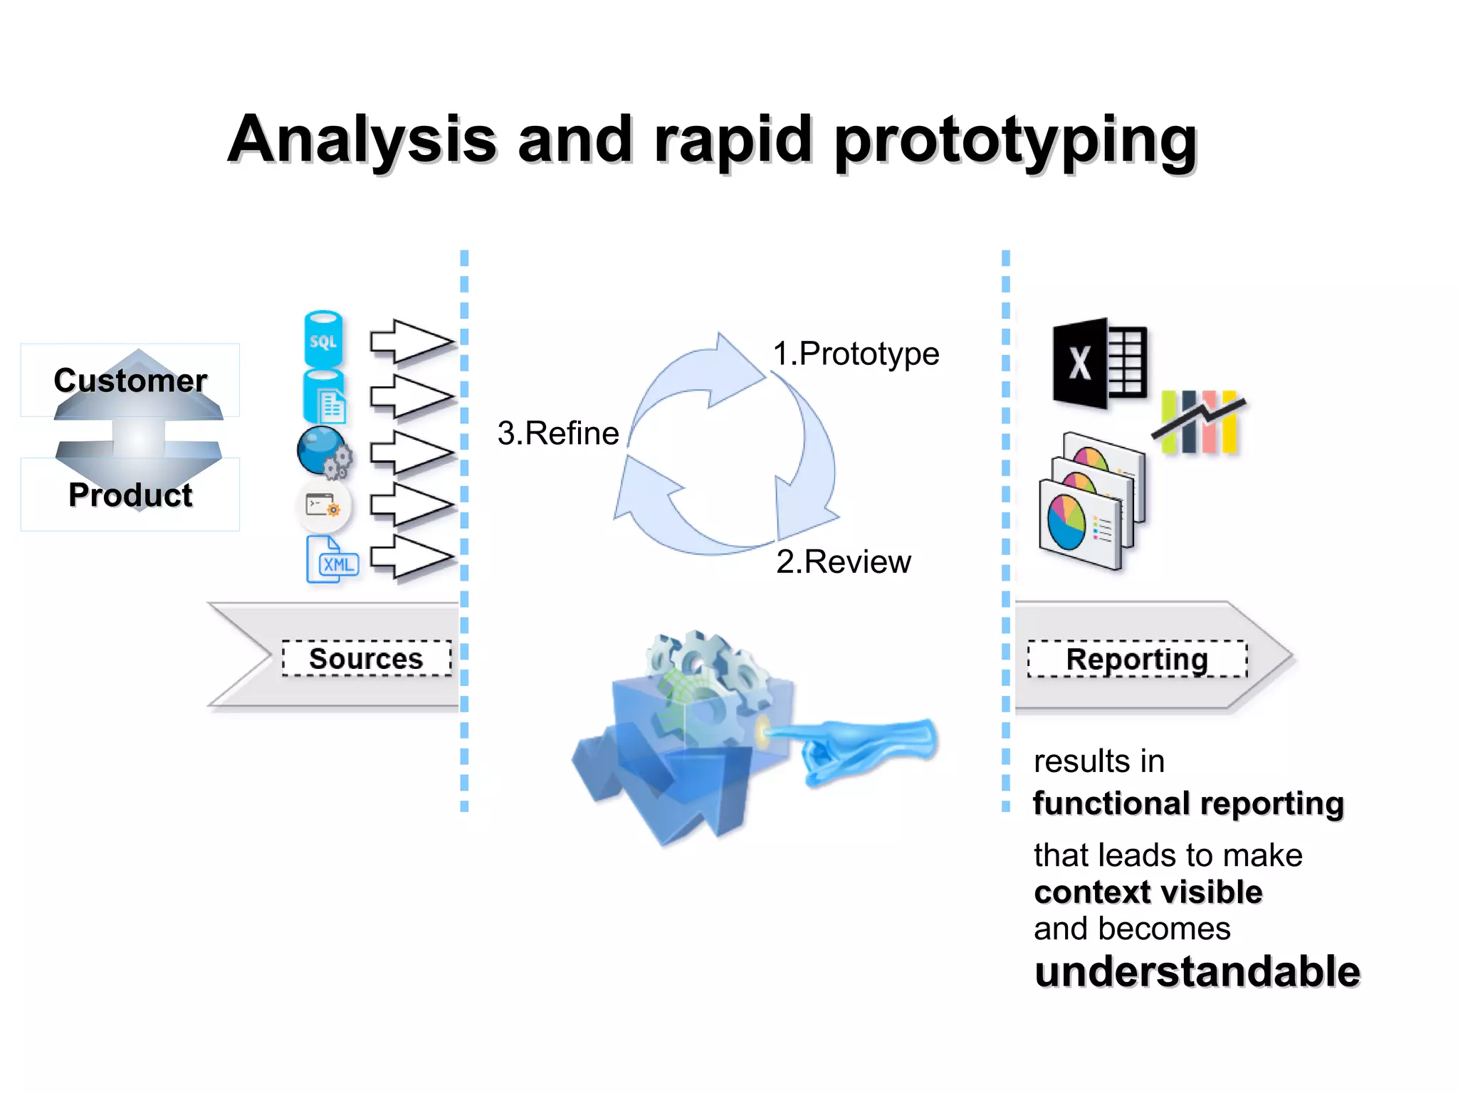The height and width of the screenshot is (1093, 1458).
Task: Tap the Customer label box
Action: pyautogui.click(x=130, y=380)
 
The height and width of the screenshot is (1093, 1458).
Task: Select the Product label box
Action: pyautogui.click(x=130, y=495)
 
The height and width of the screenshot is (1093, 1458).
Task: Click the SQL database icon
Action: pyautogui.click(x=323, y=339)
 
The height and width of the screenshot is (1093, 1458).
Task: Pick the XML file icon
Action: pyautogui.click(x=332, y=560)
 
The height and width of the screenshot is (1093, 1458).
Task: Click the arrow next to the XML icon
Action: pyautogui.click(x=411, y=556)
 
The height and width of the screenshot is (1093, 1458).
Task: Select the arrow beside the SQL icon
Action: pyautogui.click(x=411, y=342)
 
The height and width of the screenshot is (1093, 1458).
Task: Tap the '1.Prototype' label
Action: pyautogui.click(x=856, y=354)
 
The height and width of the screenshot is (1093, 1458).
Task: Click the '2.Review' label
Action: pyautogui.click(x=844, y=562)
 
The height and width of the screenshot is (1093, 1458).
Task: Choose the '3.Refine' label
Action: pyautogui.click(x=558, y=433)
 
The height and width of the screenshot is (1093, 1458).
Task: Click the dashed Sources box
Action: pyautogui.click(x=367, y=658)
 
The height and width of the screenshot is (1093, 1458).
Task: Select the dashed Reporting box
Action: pyautogui.click(x=1137, y=659)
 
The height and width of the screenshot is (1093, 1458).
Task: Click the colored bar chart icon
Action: pyautogui.click(x=1200, y=421)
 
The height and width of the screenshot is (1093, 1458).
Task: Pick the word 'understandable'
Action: pyautogui.click(x=1197, y=972)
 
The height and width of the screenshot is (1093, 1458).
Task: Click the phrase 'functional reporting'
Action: pyautogui.click(x=1188, y=803)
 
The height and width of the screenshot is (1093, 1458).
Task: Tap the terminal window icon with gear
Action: pyautogui.click(x=323, y=506)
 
